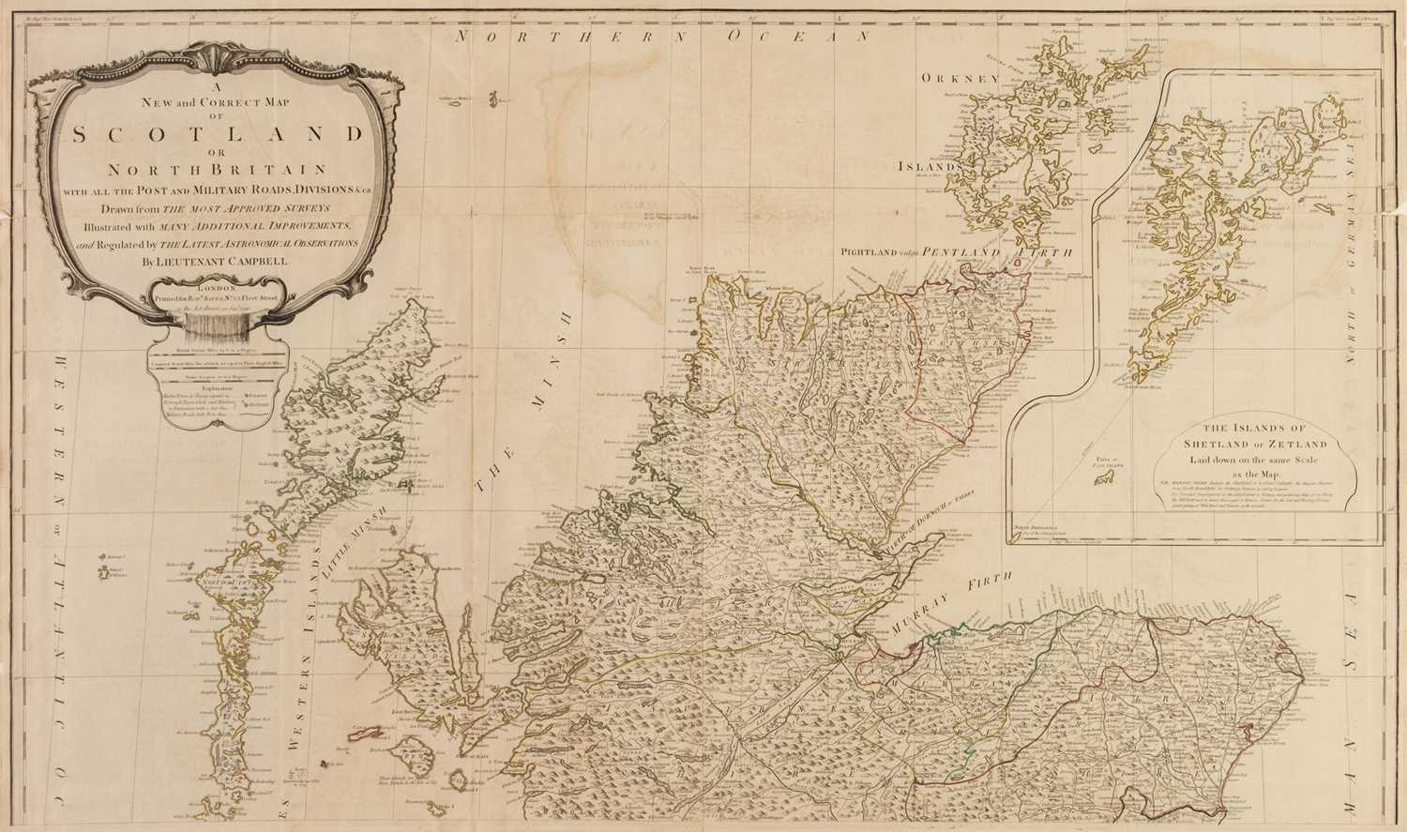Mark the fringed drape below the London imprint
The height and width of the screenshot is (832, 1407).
(x=217, y=324)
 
